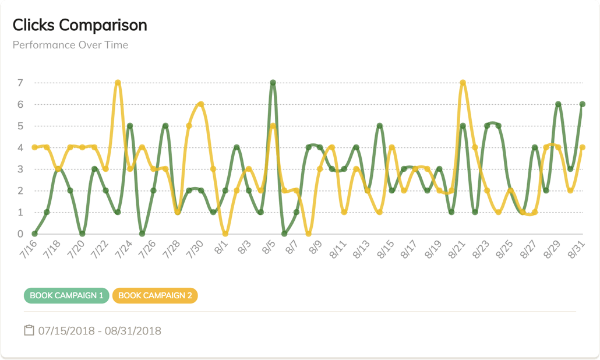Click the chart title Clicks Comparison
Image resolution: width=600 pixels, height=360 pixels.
point(80,25)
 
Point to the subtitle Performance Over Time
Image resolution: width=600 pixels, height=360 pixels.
point(70,45)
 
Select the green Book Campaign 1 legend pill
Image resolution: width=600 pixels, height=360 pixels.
point(66,295)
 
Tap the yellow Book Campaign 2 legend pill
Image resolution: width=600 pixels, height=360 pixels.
point(155,295)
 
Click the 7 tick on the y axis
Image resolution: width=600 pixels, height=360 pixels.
point(20,83)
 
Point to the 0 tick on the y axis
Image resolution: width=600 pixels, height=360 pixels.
point(20,234)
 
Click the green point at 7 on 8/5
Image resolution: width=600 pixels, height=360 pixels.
point(273,83)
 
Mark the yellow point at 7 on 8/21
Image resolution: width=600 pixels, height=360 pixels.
point(463,83)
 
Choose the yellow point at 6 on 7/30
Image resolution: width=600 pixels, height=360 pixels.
point(201,104)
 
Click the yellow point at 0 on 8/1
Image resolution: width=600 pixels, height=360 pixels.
point(225,234)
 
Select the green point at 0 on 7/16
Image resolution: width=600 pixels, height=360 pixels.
point(34,234)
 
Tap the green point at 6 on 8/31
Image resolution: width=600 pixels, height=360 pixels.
point(582,104)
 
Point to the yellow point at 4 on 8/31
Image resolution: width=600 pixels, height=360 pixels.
point(582,147)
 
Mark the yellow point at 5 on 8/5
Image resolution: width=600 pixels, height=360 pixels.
point(273,126)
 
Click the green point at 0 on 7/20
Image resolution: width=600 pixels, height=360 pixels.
point(82,234)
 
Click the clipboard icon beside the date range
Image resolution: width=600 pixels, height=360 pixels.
point(29,331)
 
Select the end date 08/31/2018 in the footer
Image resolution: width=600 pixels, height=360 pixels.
point(133,331)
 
